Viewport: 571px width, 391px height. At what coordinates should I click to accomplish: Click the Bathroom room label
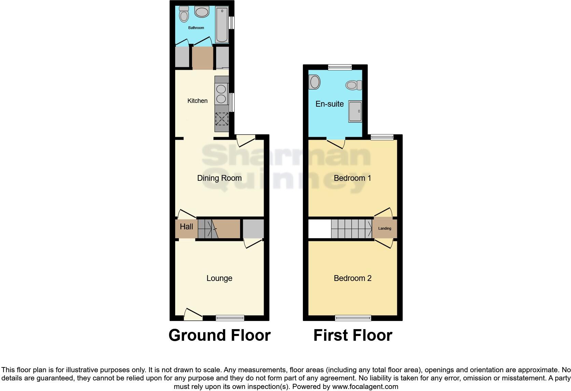pyautogui.click(x=196, y=28)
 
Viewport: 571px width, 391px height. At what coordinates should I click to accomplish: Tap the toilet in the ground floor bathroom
pyautogui.click(x=184, y=15)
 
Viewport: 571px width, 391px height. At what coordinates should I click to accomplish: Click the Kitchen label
pyautogui.click(x=197, y=101)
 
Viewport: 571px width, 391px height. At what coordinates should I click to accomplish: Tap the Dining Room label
pyautogui.click(x=219, y=178)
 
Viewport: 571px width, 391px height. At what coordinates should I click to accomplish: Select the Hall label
pyautogui.click(x=186, y=227)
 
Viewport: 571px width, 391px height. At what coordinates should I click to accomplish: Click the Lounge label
pyautogui.click(x=219, y=278)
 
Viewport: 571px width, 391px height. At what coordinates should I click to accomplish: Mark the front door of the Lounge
pyautogui.click(x=193, y=314)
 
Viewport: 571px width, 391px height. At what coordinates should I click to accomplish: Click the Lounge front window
pyautogui.click(x=230, y=318)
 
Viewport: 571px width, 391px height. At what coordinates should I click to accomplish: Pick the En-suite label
pyautogui.click(x=330, y=104)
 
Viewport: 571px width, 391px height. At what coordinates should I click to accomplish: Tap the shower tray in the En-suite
pyautogui.click(x=355, y=111)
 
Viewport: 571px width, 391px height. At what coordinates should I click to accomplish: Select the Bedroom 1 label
pyautogui.click(x=352, y=178)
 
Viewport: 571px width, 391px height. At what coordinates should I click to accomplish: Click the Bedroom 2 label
pyautogui.click(x=352, y=278)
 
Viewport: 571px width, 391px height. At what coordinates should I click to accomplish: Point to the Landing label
pyautogui.click(x=385, y=228)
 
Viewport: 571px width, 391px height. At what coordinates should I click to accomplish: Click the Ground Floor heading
pyautogui.click(x=220, y=335)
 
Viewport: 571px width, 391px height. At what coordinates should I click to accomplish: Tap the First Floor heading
pyautogui.click(x=353, y=335)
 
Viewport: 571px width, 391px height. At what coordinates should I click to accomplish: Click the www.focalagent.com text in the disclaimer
pyautogui.click(x=365, y=387)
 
